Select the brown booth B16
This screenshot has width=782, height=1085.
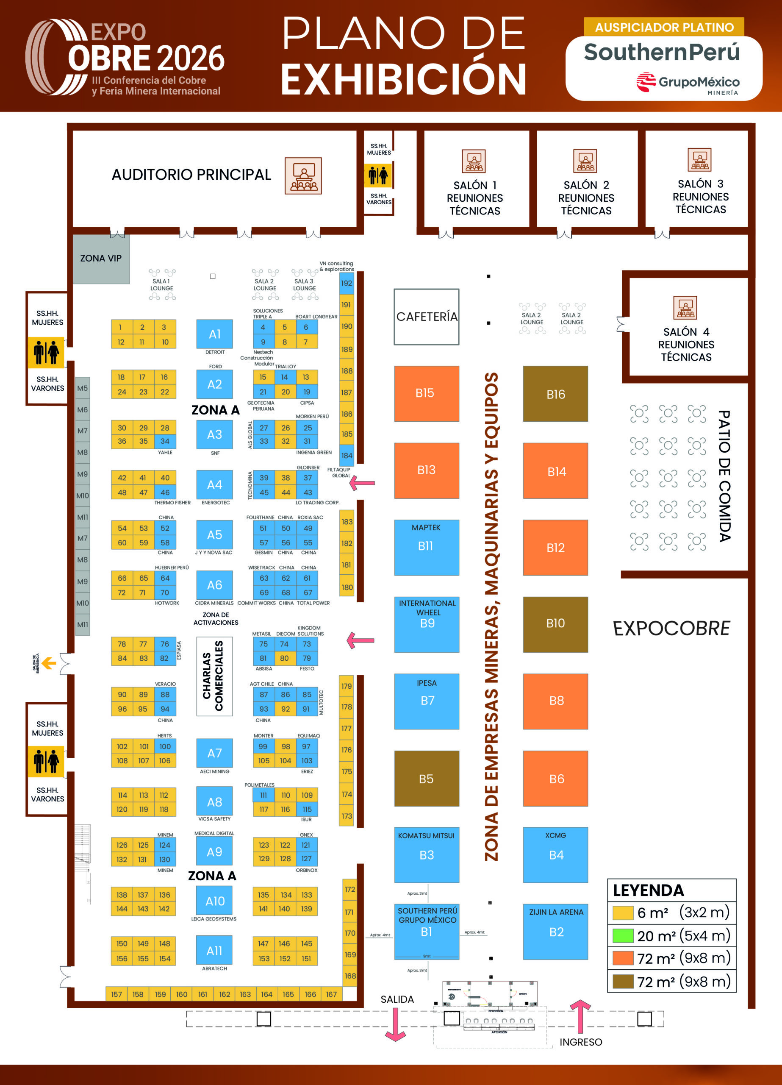pyautogui.click(x=555, y=394)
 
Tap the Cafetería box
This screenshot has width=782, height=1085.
pyautogui.click(x=426, y=317)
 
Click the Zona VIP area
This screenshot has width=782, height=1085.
pyautogui.click(x=101, y=259)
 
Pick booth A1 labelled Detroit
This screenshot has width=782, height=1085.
pyautogui.click(x=214, y=334)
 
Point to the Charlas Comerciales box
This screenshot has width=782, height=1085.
pyautogui.click(x=214, y=676)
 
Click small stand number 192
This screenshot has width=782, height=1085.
pyautogui.click(x=346, y=283)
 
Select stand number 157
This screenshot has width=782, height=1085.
pyautogui.click(x=116, y=994)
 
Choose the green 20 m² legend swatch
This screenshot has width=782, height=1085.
pyautogui.click(x=623, y=936)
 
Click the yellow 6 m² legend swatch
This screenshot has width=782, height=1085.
pyautogui.click(x=623, y=913)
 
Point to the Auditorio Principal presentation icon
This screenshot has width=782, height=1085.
pyautogui.click(x=303, y=176)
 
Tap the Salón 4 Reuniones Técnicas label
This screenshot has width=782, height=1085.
pyautogui.click(x=686, y=345)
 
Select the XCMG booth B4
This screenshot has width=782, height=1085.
pyautogui.click(x=555, y=855)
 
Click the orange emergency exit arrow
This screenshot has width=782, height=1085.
pyautogui.click(x=49, y=663)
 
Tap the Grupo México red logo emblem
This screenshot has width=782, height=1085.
pyautogui.click(x=646, y=82)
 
